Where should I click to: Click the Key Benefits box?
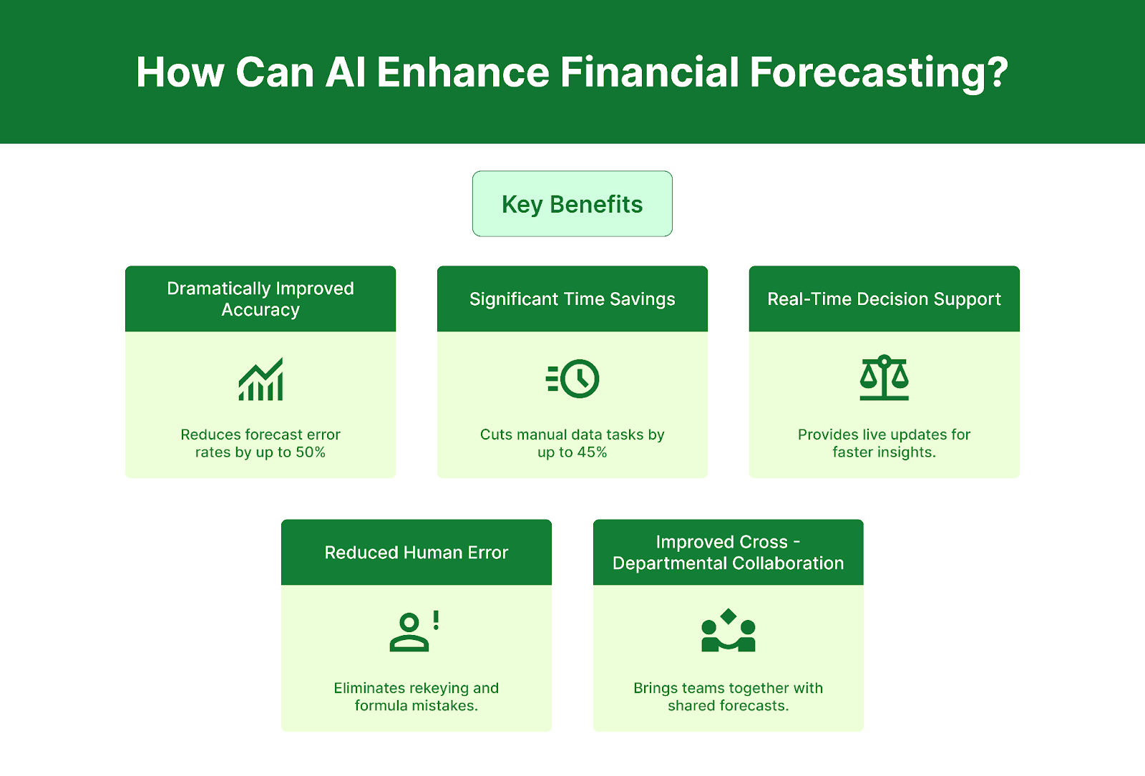[x=572, y=204]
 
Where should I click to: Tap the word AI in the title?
[x=346, y=72]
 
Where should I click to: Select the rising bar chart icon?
[x=260, y=379]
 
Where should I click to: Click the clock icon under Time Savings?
[x=578, y=379]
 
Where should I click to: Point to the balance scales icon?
[x=884, y=377]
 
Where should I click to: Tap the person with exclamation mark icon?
[x=409, y=631]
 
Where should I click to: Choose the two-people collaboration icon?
[x=728, y=631]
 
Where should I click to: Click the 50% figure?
[x=311, y=452]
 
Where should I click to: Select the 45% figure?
[x=592, y=452]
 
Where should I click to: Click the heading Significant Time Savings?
[x=572, y=299]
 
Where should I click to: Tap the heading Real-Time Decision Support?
[x=884, y=299]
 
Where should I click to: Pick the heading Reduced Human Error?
[x=416, y=553]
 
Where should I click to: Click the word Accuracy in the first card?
[x=260, y=310]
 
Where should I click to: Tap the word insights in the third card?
[x=906, y=452]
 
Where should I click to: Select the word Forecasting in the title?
[x=879, y=72]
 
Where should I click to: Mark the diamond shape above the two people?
[x=729, y=616]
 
